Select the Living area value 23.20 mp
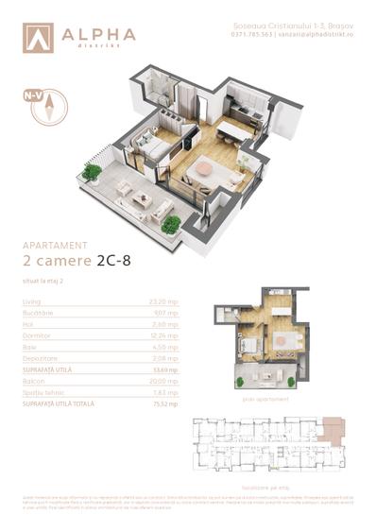165,300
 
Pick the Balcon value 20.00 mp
164,381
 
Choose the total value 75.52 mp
165,403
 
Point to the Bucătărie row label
40,313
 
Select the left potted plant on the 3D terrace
92,172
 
